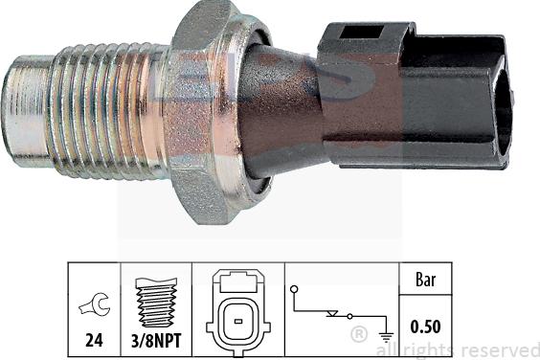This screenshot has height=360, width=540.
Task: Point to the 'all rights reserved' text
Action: pos(469,349)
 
